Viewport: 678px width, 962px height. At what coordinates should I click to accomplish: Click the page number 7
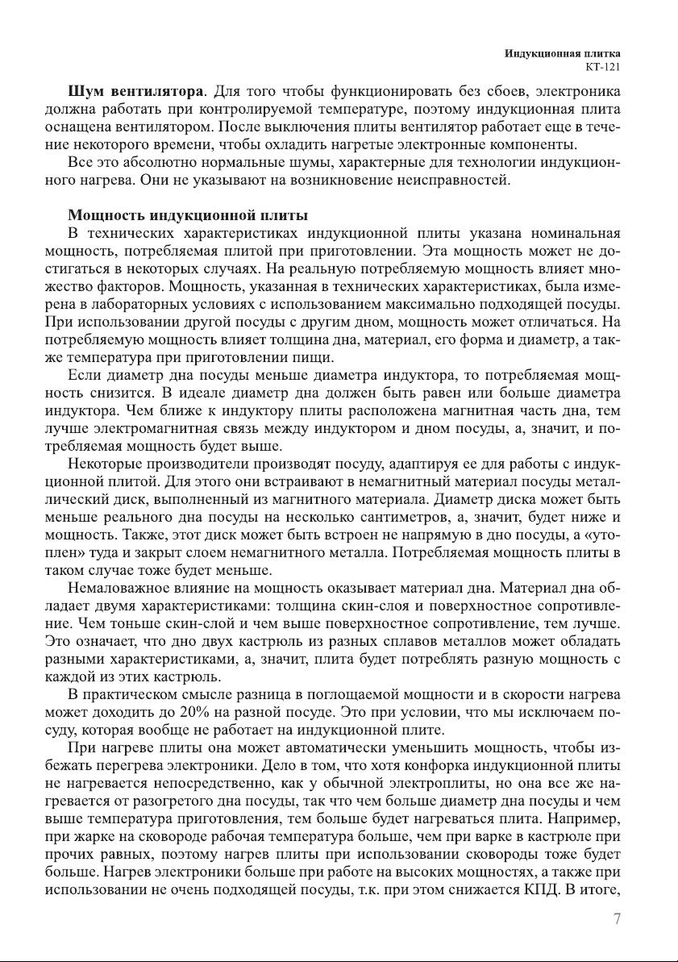click(x=616, y=918)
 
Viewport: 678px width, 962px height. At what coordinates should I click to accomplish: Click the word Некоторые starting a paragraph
click(x=106, y=465)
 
